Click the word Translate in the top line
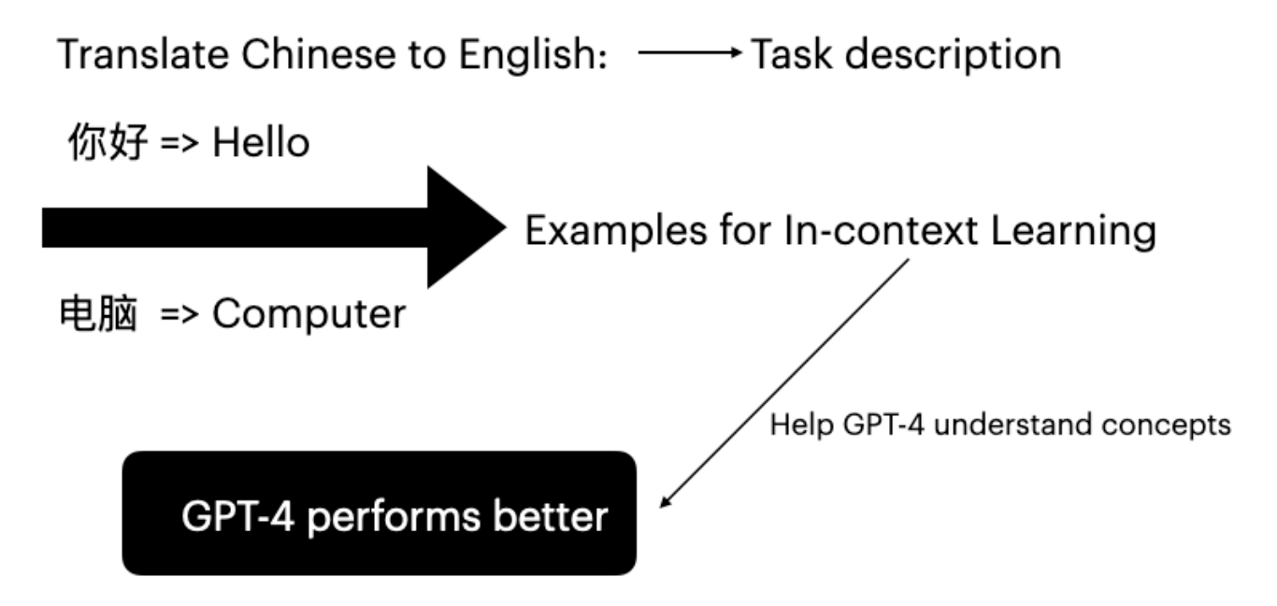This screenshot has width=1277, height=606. tap(122, 56)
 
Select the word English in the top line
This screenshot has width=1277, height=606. tap(532, 56)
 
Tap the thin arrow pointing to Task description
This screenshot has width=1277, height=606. tap(688, 55)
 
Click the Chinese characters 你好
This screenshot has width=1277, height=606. tap(108, 143)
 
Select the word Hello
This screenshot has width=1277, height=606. tap(261, 144)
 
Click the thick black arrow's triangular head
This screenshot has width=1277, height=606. tap(463, 227)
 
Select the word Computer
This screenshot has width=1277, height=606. tap(308, 315)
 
